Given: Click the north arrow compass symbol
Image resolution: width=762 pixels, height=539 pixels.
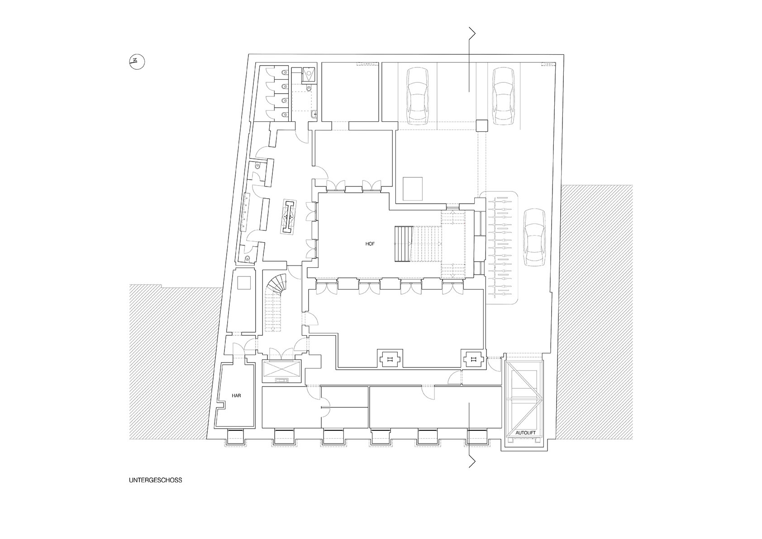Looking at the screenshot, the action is click(137, 62).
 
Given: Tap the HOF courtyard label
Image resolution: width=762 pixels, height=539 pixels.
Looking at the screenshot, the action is click(370, 243).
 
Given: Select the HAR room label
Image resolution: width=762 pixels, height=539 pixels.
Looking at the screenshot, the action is click(236, 396).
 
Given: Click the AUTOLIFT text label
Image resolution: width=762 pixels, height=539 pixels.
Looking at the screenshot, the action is click(526, 433).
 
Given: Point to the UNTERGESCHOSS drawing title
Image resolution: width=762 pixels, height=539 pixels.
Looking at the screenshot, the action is click(156, 480).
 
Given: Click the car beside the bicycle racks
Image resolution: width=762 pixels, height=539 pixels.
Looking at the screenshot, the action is click(534, 238).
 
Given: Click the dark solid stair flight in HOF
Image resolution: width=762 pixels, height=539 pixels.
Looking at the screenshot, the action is click(404, 244).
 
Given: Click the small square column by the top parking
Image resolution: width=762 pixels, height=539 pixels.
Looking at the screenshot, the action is click(481, 125).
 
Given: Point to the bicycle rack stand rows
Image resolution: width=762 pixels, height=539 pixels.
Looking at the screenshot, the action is click(500, 248).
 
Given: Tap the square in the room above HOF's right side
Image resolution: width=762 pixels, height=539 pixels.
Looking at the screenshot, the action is click(413, 189).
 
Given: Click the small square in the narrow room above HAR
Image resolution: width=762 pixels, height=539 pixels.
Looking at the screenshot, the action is click(244, 283).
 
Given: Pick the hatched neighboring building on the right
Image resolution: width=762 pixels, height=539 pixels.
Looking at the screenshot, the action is click(594, 312).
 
